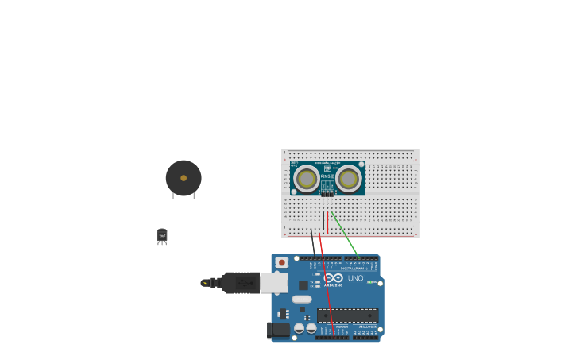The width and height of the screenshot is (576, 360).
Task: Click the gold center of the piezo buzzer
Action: pyautogui.click(x=184, y=178)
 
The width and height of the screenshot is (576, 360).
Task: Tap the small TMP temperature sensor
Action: pyautogui.click(x=162, y=235)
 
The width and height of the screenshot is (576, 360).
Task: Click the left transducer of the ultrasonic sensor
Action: pyautogui.click(x=307, y=179)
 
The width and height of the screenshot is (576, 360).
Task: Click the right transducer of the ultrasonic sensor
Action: pyautogui.click(x=349, y=179)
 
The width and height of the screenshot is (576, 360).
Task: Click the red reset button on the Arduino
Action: pyautogui.click(x=281, y=261)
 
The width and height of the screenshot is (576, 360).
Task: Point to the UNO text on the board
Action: pyautogui.click(x=355, y=278)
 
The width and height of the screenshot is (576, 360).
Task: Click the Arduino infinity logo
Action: pyautogui.click(x=333, y=278)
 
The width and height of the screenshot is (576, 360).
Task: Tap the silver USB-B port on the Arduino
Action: pyautogui.click(x=274, y=283)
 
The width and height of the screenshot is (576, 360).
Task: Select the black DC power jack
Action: pyautogui.click(x=278, y=330)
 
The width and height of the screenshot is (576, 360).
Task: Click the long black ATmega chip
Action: pyautogui.click(x=347, y=315)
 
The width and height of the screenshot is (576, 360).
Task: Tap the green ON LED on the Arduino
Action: pyautogui.click(x=369, y=282)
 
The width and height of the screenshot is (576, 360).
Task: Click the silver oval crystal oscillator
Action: pyautogui.click(x=302, y=300)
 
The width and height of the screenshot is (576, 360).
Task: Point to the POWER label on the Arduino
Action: pyautogui.click(x=342, y=327)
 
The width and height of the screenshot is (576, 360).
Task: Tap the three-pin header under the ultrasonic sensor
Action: pyautogui.click(x=327, y=193)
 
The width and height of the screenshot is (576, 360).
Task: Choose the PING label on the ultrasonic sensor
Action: pyautogui.click(x=327, y=176)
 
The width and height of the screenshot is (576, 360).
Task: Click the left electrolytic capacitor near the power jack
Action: pyautogui.click(x=300, y=327)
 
